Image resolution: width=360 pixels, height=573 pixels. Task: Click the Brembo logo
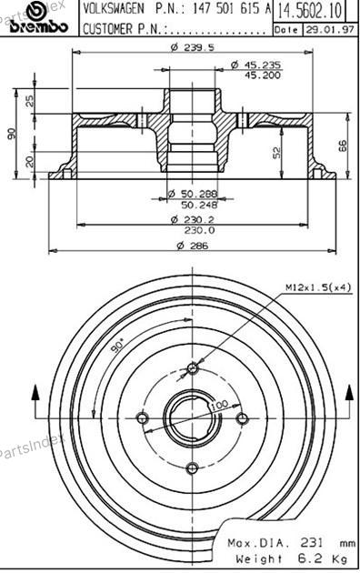(39, 18)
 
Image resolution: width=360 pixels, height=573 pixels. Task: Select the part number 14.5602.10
(310, 11)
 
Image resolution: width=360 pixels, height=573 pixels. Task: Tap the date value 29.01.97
(329, 30)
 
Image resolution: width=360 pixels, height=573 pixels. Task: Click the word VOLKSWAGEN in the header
(114, 9)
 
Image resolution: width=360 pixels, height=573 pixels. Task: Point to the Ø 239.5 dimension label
(192, 46)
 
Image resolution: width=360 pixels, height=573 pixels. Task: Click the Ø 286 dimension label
(192, 246)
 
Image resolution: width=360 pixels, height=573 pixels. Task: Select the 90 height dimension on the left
(12, 134)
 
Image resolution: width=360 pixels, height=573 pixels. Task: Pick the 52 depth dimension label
(276, 153)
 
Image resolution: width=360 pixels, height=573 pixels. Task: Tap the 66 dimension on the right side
(343, 146)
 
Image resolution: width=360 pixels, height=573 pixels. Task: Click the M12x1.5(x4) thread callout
(317, 287)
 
